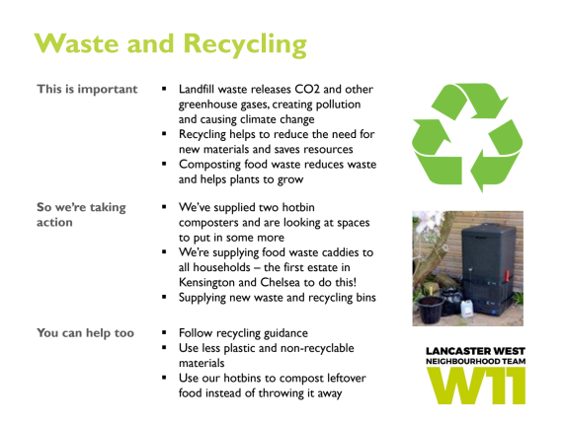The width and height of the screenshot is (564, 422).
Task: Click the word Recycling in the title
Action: point(245,45)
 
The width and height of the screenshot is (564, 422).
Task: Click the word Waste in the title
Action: point(76,43)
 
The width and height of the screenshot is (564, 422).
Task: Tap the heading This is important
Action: point(87,89)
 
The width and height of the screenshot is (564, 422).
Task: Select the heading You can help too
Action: point(85,333)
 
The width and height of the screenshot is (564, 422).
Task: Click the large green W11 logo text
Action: point(475,385)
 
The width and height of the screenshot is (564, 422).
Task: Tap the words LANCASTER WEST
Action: point(475,351)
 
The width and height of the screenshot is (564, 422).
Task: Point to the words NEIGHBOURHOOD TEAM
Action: point(475,361)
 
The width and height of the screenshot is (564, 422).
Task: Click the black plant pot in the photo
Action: point(431,310)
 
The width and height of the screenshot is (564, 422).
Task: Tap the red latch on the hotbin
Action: point(507,275)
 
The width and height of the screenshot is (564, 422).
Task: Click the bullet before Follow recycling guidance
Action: point(164,332)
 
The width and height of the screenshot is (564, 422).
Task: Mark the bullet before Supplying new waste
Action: point(164,297)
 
